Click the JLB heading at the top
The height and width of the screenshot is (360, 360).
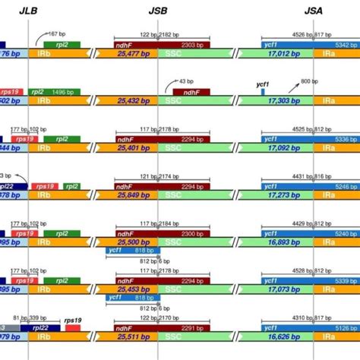pyautogui.click(x=29, y=11)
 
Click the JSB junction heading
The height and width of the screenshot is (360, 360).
pyautogui.click(x=157, y=11)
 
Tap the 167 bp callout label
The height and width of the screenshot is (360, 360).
pyautogui.click(x=62, y=34)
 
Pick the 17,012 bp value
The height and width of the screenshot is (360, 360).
pyautogui.click(x=278, y=55)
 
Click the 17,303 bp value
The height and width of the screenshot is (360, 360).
pyautogui.click(x=278, y=101)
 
